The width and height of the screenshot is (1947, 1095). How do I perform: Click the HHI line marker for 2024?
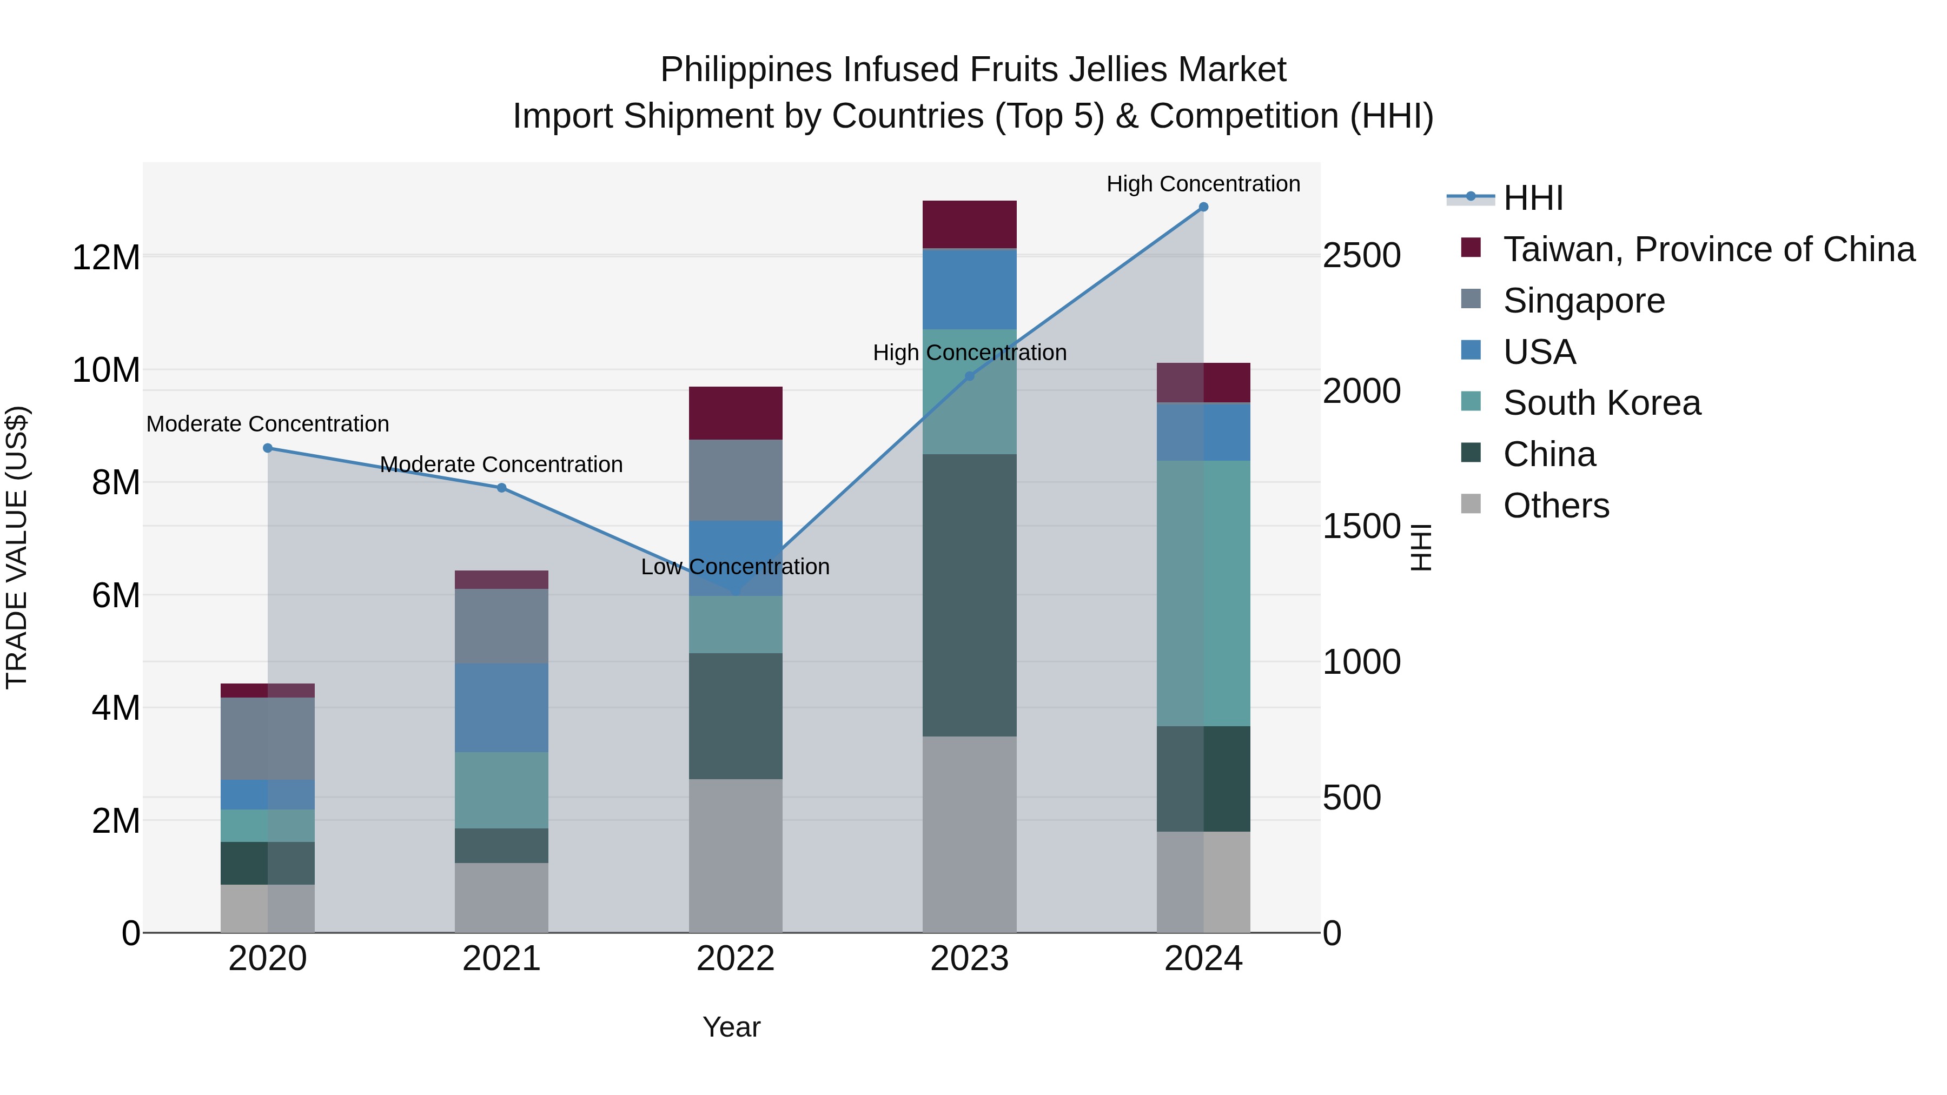click(x=1203, y=207)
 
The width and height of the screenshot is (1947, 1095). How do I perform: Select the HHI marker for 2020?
click(x=268, y=448)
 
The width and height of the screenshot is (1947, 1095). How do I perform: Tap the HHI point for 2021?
click(x=501, y=488)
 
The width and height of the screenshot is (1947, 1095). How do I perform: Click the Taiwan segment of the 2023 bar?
click(x=969, y=224)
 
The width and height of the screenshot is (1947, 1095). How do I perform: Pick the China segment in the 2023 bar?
click(x=969, y=595)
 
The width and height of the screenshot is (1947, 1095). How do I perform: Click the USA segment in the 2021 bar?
click(x=501, y=707)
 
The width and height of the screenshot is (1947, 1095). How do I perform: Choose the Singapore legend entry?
click(x=1584, y=301)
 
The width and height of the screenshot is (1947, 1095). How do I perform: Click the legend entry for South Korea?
click(x=1601, y=403)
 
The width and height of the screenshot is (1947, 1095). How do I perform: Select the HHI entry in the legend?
click(x=1532, y=198)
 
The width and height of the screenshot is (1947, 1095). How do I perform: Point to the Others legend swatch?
click(x=1471, y=503)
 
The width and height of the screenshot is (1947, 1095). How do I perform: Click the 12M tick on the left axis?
click(x=106, y=258)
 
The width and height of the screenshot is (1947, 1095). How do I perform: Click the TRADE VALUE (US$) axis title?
click(x=17, y=547)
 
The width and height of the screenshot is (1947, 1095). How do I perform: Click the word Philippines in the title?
click(x=747, y=70)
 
